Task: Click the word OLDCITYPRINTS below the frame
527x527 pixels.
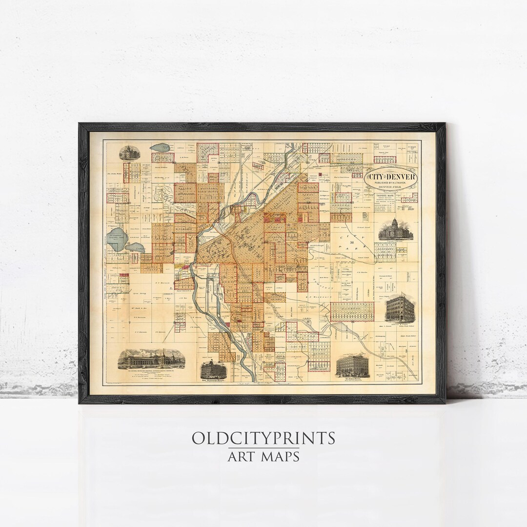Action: point(263,438)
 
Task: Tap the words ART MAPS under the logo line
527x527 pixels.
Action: point(263,457)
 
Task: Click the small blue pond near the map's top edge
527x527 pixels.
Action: point(159,147)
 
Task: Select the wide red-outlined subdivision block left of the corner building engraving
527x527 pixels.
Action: point(352,311)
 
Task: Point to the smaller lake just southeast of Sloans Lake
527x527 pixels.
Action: point(135,247)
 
